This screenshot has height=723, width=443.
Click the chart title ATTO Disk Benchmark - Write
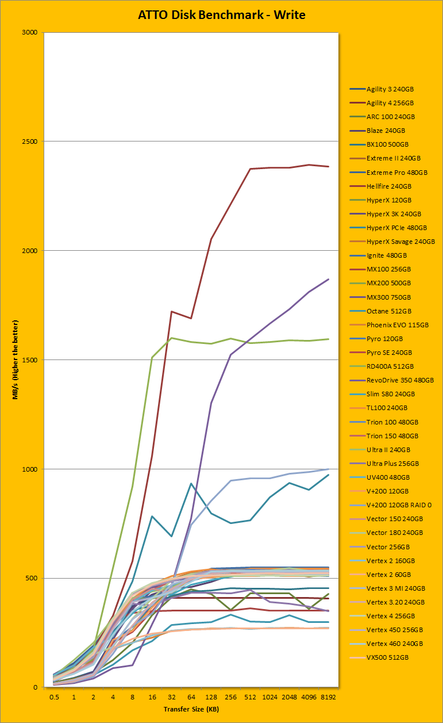coord(221,16)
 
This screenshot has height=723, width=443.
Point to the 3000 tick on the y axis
coord(29,32)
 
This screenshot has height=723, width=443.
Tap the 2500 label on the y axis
coord(29,141)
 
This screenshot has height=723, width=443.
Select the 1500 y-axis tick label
coord(29,360)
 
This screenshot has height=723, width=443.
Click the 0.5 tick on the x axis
coord(55,697)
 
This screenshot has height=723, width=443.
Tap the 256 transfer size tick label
coord(231,697)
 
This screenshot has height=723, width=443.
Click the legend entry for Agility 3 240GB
coord(390,89)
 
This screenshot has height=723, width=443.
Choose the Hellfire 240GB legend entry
coord(390,186)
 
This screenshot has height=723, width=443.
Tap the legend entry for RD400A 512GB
coord(390,366)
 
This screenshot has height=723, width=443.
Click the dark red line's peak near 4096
coord(309,165)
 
